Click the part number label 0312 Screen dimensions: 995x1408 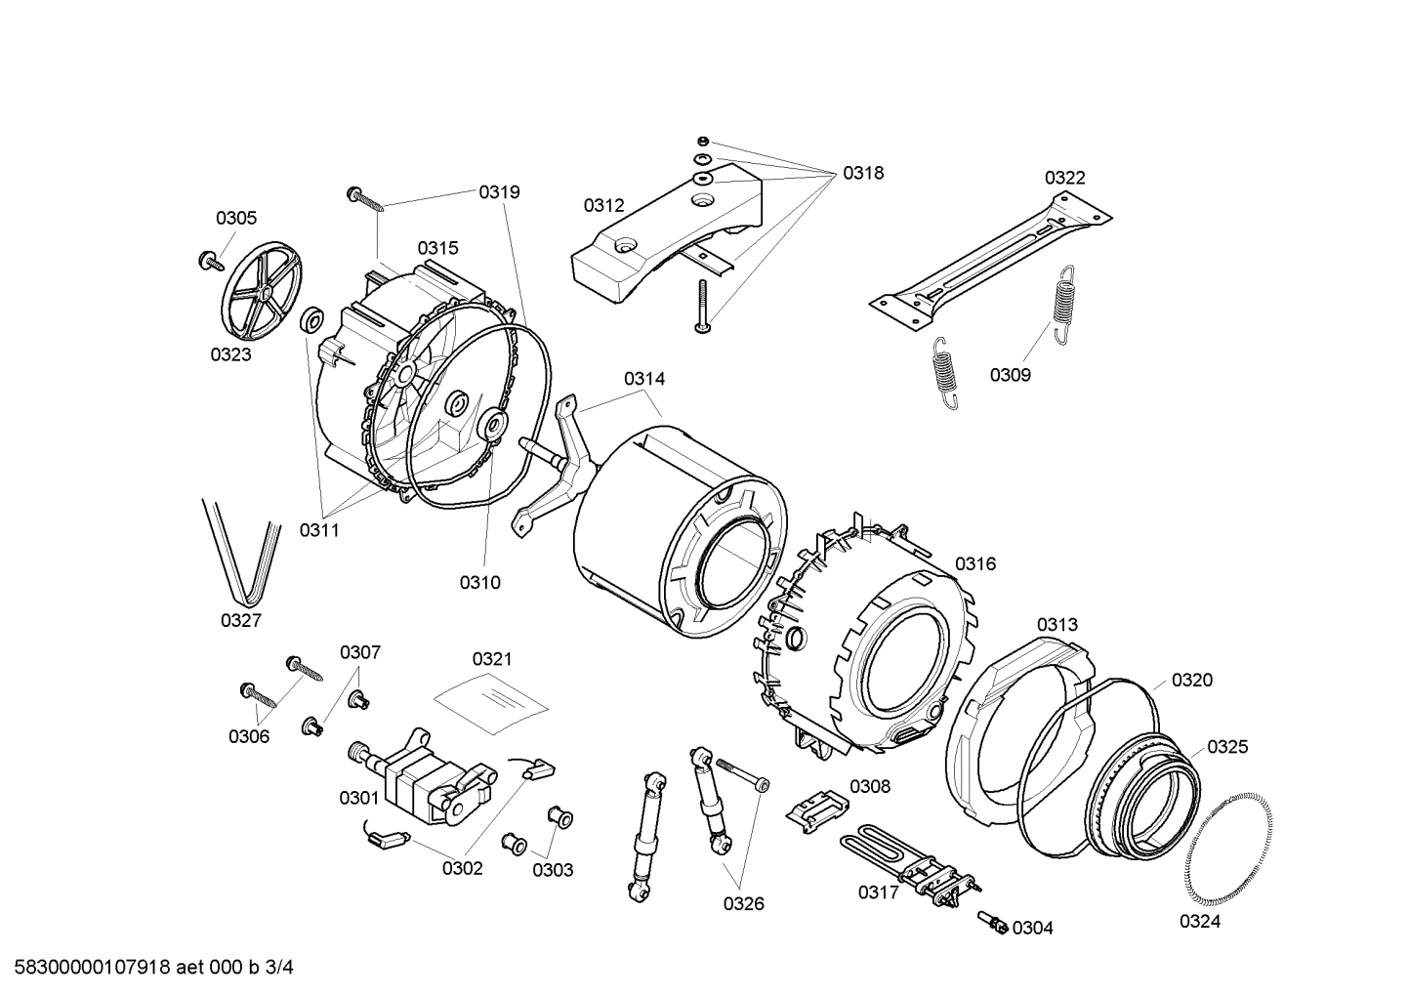[603, 205]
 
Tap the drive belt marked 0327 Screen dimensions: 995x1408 [241, 557]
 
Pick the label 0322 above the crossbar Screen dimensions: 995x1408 [1064, 178]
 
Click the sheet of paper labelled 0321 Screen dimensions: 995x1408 [492, 701]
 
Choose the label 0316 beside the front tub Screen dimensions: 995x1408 [974, 563]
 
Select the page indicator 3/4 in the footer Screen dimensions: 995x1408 [278, 968]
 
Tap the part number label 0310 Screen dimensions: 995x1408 [479, 583]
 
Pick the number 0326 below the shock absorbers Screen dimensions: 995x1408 [743, 903]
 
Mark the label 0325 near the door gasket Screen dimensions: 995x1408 [1227, 747]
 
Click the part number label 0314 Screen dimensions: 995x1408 [644, 378]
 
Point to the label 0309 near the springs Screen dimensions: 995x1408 [1010, 375]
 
